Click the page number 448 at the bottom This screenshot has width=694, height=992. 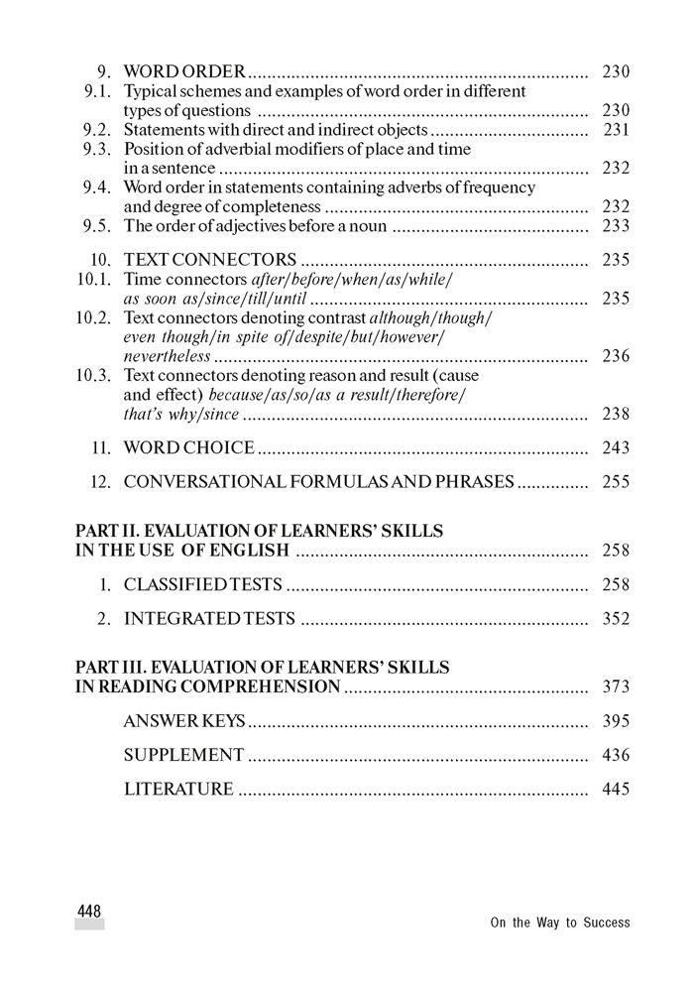89,910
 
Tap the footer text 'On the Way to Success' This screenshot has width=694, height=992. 559,923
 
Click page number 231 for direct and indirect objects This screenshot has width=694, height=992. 616,130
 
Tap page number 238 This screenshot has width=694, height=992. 616,414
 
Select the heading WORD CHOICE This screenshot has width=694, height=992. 189,448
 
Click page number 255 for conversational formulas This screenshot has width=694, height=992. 616,483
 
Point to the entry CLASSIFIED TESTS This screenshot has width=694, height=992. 203,584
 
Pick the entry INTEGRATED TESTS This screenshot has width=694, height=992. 209,619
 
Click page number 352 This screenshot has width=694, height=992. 616,619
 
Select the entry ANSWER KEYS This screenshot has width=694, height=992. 183,721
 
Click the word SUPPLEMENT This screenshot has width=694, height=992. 183,756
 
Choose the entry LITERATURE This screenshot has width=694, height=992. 178,790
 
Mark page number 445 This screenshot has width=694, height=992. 616,790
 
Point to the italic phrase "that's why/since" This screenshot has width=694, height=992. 181,414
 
